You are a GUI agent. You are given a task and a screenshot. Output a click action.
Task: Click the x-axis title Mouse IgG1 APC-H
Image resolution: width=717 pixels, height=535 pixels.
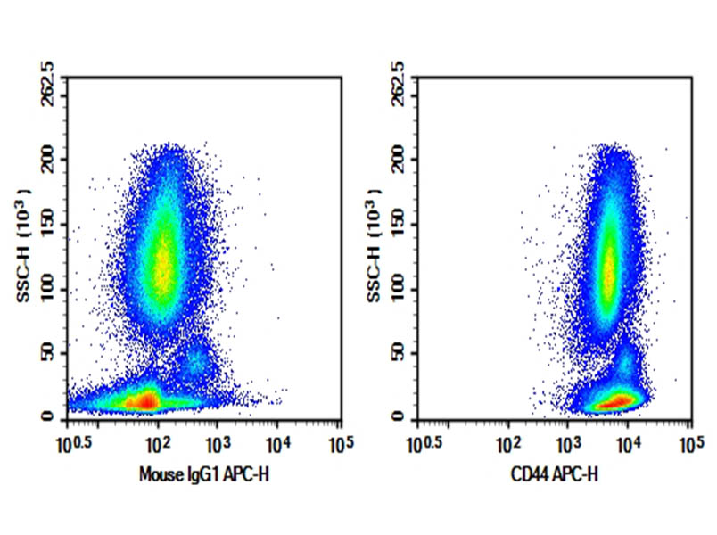(203, 475)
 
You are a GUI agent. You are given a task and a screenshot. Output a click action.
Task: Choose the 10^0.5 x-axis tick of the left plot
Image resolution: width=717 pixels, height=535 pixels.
(78, 442)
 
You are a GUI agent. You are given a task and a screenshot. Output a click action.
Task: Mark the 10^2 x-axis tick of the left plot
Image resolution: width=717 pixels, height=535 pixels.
(157, 442)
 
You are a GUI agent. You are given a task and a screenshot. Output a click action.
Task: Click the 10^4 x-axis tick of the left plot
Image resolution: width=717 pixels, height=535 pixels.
(277, 442)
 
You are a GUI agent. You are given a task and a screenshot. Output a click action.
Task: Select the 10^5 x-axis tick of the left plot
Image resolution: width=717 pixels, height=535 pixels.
(338, 442)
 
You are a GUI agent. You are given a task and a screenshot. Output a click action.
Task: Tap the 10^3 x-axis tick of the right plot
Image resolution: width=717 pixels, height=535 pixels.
(567, 442)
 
